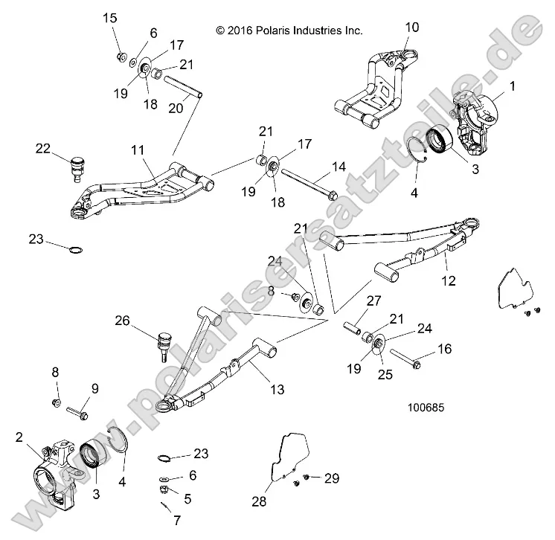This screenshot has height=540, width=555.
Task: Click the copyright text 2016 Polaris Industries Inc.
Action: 289,30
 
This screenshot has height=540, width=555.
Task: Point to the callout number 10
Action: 411,27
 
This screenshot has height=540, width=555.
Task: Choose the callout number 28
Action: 259,502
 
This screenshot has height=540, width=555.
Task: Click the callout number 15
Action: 109,17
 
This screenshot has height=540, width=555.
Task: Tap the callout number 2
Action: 20,437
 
